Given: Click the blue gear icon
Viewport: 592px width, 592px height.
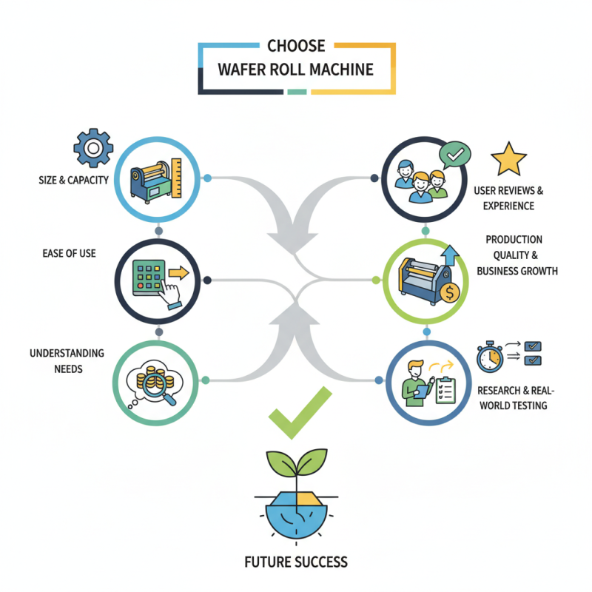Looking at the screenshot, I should click(92, 149).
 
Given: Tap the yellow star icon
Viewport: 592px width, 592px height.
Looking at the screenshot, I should click(509, 160).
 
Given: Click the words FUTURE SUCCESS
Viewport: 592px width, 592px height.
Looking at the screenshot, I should click(295, 562).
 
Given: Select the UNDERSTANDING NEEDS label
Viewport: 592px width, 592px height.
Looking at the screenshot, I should click(67, 360).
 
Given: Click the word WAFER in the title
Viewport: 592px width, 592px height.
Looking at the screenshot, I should click(246, 70).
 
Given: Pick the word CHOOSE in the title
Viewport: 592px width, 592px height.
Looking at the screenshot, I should click(296, 46).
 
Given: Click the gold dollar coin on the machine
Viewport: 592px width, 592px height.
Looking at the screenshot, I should click(448, 292).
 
